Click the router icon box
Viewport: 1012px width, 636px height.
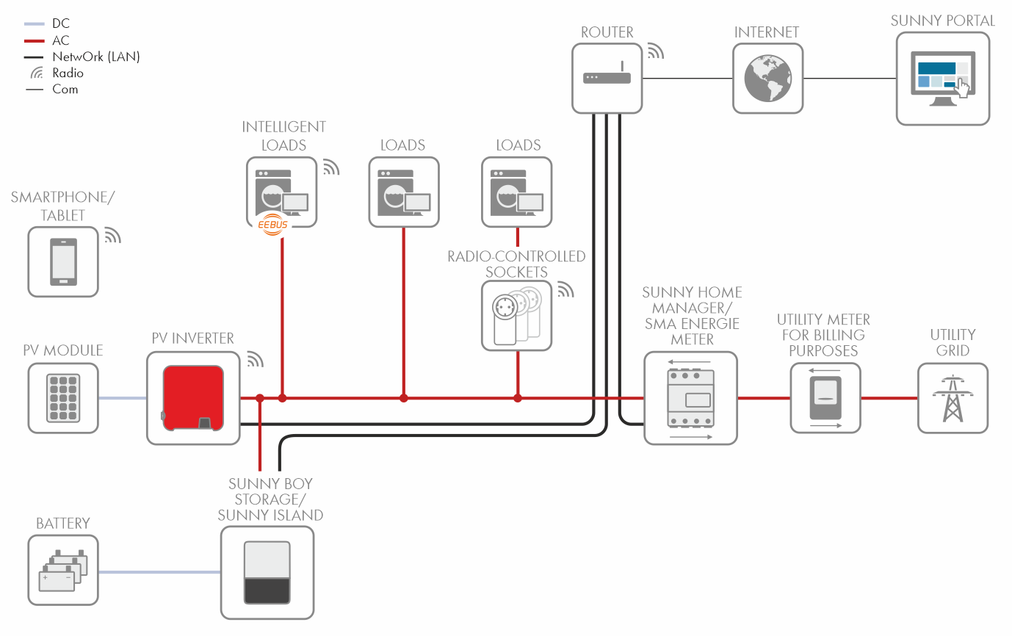pos(607,78)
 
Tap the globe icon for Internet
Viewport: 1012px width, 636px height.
pos(767,78)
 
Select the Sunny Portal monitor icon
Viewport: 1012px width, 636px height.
pos(943,79)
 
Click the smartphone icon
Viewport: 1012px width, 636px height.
pos(63,261)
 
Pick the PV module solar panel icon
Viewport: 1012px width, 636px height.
pos(63,398)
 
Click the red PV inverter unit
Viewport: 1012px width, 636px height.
pos(193,398)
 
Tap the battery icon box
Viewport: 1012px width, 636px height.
pos(63,570)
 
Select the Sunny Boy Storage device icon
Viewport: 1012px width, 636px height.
pos(267,572)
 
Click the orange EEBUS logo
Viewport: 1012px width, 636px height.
pos(273,225)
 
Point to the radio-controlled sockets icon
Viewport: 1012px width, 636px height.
pos(517,315)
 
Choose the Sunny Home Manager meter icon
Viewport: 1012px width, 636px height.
pos(690,398)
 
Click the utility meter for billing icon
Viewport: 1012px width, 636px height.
pos(825,398)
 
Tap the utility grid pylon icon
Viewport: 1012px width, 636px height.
pos(953,398)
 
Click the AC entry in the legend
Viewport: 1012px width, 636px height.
pos(61,40)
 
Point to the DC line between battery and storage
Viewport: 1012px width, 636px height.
pos(159,572)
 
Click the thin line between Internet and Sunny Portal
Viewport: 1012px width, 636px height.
pos(849,78)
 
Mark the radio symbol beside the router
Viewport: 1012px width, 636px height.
pos(654,51)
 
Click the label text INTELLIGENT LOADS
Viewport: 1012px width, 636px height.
pos(283,136)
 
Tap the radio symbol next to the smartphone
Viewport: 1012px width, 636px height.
pos(112,235)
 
